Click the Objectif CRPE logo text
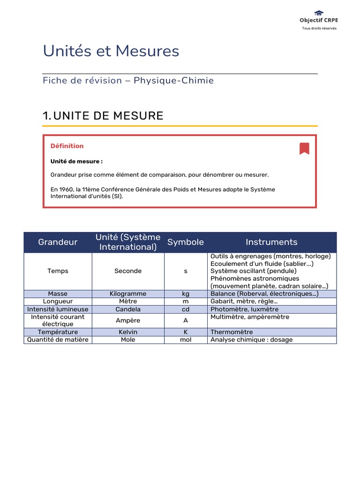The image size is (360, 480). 319,20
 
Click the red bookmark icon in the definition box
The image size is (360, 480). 304,149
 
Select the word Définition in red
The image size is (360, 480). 67,146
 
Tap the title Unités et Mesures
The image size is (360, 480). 111,51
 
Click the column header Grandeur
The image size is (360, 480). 58,242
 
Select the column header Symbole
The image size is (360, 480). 186,242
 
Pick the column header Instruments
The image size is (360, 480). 271,242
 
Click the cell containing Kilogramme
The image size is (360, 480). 128,294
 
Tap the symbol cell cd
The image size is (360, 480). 186,309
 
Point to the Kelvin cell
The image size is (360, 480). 128,332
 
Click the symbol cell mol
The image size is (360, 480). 186,339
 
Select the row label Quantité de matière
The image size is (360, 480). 58,339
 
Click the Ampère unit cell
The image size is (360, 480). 128,321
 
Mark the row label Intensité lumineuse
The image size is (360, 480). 58,309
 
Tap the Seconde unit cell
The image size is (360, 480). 128,271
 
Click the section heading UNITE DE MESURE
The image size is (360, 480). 108,116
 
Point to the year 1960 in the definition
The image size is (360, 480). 66,189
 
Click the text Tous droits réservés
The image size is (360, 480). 319,28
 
